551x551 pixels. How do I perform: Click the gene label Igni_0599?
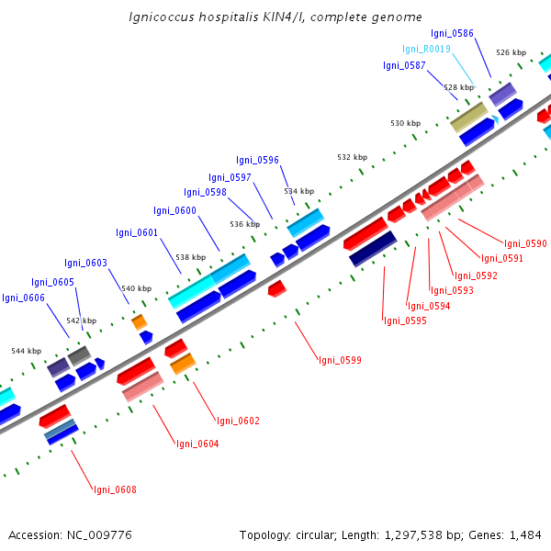(339, 360)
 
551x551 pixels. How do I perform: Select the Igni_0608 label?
(114, 489)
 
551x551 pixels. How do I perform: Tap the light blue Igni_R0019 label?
(426, 50)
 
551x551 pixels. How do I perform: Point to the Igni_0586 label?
(478, 33)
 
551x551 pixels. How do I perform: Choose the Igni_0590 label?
(525, 243)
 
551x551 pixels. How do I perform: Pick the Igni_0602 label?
(238, 421)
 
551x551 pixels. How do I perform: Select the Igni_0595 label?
(405, 320)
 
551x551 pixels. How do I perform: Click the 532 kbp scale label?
(352, 157)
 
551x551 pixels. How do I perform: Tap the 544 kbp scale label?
(26, 351)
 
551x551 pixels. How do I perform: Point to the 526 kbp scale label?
(511, 52)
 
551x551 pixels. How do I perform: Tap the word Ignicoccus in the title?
(166, 17)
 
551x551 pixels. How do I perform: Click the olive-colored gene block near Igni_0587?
(468, 117)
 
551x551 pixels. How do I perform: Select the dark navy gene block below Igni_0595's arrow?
(373, 249)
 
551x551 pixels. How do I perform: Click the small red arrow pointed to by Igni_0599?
(276, 288)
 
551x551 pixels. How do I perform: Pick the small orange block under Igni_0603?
(139, 321)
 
